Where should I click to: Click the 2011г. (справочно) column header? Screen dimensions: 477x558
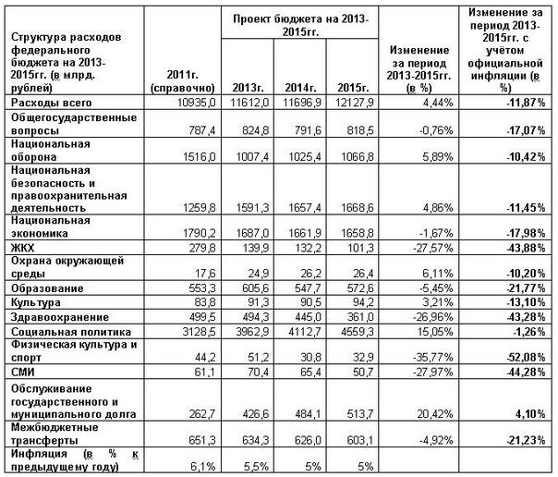(184, 79)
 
